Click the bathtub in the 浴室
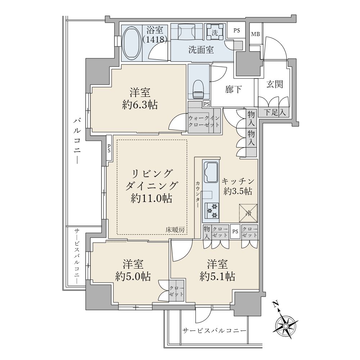point(131,44)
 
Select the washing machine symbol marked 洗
point(215,33)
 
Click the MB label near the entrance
point(255,34)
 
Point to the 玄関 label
point(275,84)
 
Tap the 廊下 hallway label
point(233,89)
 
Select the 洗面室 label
point(201,50)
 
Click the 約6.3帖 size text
point(140,105)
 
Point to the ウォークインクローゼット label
point(204,121)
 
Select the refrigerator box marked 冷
point(248,213)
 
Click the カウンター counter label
point(198,194)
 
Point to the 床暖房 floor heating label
point(175,230)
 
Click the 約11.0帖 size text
point(152,198)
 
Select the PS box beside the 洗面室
point(237,31)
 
